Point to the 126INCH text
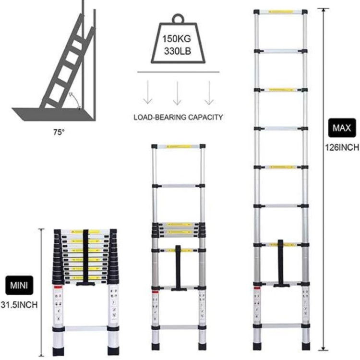click(342, 148)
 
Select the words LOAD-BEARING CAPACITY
click(179, 117)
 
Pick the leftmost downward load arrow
click(148, 93)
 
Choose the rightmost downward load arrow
click(209, 93)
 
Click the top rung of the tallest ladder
click(280, 11)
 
